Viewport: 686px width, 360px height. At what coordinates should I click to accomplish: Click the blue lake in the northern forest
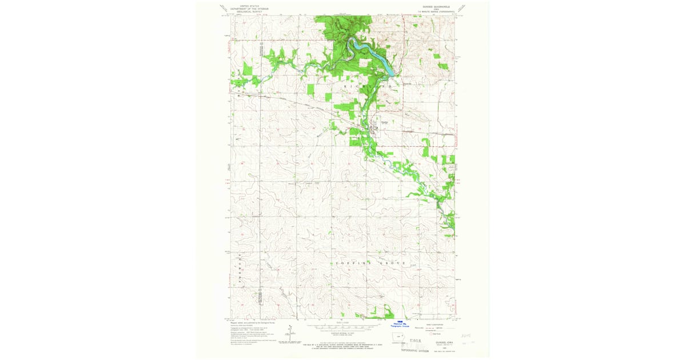click(370, 54)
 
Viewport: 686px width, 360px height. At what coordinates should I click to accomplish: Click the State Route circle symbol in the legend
click(432, 334)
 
